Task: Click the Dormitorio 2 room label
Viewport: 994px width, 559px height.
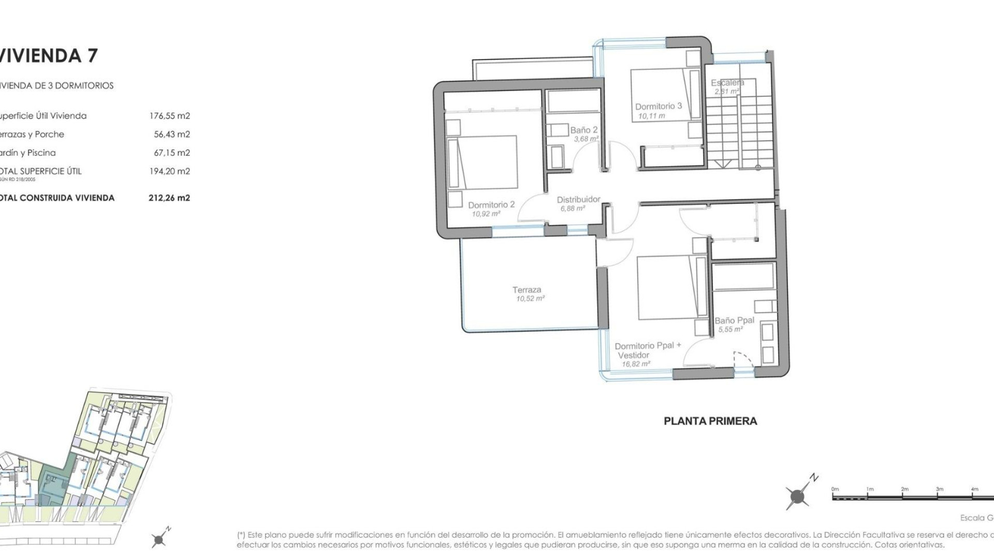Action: (491, 205)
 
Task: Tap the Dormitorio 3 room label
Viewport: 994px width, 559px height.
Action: (658, 106)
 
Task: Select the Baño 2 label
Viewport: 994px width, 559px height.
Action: (583, 130)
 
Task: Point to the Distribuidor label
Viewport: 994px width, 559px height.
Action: (578, 199)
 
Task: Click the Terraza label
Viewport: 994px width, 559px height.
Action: (527, 290)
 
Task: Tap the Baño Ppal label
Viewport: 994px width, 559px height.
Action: (734, 320)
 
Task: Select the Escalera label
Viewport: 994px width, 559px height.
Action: (727, 83)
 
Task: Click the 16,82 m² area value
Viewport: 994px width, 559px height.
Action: (636, 364)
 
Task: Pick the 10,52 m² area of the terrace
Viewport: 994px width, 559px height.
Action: (530, 299)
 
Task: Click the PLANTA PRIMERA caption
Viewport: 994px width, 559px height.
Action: (710, 421)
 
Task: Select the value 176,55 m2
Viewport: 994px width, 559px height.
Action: (169, 116)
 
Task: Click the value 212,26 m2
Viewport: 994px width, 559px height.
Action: (169, 198)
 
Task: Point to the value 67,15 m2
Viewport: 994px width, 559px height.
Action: (171, 153)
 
